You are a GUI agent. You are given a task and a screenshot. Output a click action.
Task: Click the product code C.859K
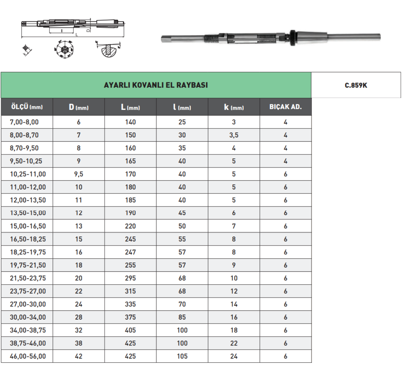(356, 85)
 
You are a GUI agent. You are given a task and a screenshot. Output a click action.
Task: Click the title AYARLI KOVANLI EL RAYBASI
(156, 85)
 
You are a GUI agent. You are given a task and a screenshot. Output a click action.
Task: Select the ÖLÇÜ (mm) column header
(27, 107)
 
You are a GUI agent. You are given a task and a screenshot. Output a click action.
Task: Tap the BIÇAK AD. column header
(285, 107)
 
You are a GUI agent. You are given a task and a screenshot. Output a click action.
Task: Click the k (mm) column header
(234, 107)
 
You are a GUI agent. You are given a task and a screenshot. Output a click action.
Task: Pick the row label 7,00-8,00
(24, 122)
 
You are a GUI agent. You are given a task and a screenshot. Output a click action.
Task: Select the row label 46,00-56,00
(28, 356)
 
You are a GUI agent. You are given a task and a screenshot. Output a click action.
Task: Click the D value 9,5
(79, 174)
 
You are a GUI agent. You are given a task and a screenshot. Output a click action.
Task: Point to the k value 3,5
(234, 135)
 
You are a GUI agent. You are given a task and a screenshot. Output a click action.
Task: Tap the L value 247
(130, 252)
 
